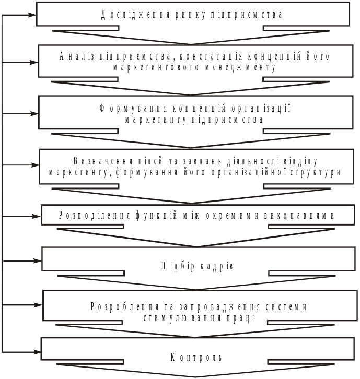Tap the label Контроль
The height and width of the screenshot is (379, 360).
click(x=197, y=358)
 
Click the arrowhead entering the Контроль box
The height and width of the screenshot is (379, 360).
click(x=38, y=352)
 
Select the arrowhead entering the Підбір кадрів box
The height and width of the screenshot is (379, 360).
click(x=38, y=260)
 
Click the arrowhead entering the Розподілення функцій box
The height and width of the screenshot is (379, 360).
click(x=38, y=216)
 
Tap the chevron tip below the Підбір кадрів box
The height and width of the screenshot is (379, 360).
click(x=197, y=285)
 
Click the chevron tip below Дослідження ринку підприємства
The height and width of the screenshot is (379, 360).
click(x=191, y=44)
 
